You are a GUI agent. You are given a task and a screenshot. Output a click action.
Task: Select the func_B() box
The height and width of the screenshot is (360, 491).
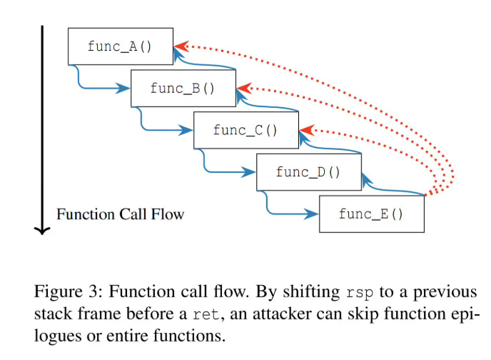183,89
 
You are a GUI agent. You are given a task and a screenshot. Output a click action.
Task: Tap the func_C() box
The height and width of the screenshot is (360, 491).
246,130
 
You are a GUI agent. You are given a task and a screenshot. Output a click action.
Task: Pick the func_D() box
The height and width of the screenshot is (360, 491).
308,172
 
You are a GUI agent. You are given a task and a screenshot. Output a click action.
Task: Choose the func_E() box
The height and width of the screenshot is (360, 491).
371,214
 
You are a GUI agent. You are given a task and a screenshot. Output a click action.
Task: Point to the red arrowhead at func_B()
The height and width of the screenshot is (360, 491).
243,87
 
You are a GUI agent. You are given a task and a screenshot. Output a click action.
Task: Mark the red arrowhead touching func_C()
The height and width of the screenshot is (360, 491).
305,129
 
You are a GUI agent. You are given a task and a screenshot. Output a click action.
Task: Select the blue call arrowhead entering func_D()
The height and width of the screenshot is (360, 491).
250,172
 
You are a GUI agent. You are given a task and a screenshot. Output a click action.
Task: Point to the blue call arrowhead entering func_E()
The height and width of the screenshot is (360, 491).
313,214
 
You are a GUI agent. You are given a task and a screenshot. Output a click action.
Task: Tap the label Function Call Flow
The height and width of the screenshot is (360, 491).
120,214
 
